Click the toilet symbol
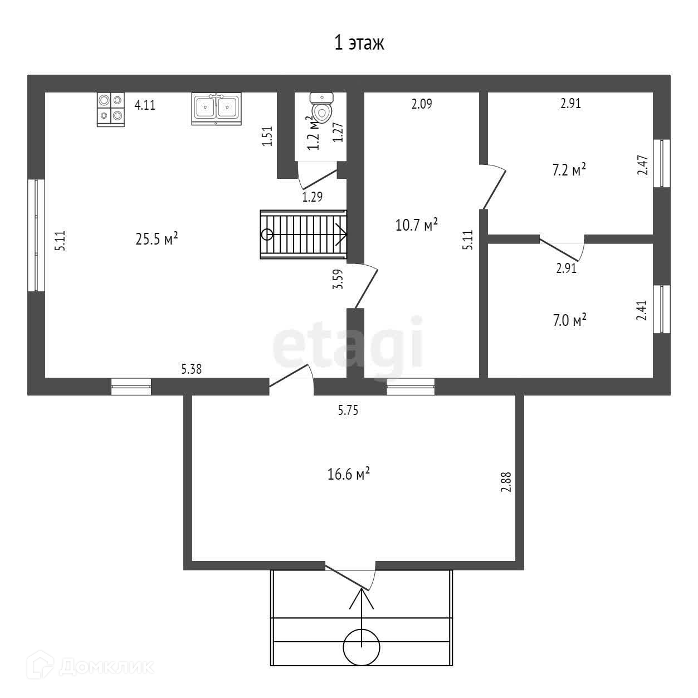[x=321, y=107]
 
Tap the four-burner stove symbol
[x=110, y=108]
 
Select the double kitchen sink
[x=217, y=108]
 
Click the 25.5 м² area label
[x=157, y=239]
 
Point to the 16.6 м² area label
[x=349, y=475]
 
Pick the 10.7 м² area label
[x=416, y=225]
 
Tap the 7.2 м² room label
[x=569, y=169]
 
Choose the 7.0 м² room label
[x=569, y=320]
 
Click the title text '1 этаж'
[x=359, y=43]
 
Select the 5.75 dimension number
[x=348, y=411]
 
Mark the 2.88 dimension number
[x=506, y=482]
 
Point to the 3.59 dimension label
[x=338, y=279]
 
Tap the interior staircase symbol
[x=304, y=235]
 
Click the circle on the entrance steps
[x=362, y=647]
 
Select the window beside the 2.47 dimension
[x=662, y=163]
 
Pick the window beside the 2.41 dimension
[x=662, y=310]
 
